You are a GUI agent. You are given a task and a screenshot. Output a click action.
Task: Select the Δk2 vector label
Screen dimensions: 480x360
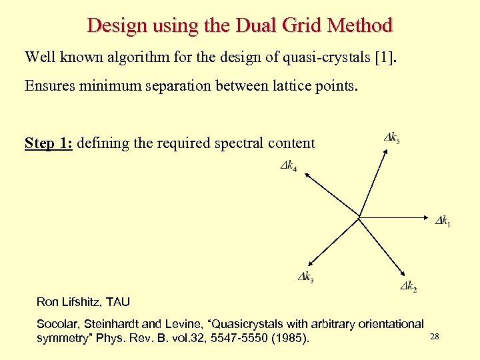point(409,286)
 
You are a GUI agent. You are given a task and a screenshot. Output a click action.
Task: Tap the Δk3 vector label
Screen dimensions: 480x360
point(305,277)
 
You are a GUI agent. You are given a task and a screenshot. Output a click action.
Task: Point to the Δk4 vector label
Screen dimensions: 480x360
point(288,165)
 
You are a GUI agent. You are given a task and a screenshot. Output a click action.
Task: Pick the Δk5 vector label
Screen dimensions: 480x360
point(392,139)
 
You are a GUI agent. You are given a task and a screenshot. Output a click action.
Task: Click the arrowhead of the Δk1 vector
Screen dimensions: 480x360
point(432,217)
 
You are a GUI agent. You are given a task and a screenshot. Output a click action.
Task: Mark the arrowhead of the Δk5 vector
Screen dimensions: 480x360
point(386,150)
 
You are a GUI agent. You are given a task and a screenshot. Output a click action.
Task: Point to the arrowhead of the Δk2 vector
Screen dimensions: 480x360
point(404,273)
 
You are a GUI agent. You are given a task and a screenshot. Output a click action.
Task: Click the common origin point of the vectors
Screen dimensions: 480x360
point(359,217)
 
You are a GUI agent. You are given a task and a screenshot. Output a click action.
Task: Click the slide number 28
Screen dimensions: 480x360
point(435,337)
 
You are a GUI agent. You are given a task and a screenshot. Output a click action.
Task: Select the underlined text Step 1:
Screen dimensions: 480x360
point(49,143)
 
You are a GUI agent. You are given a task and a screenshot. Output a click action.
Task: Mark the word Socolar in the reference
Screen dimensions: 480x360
point(59,324)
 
